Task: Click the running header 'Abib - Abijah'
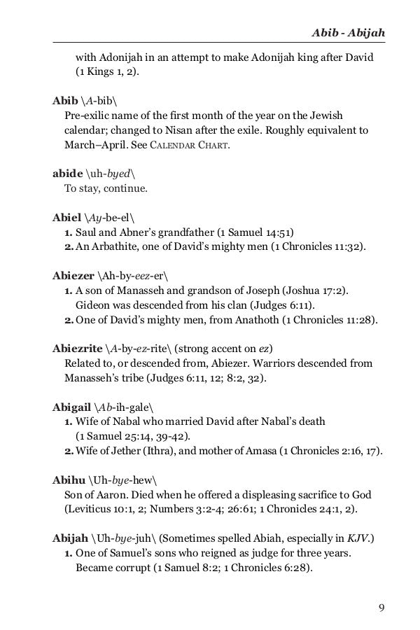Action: (349, 33)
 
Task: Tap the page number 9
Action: (381, 606)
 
